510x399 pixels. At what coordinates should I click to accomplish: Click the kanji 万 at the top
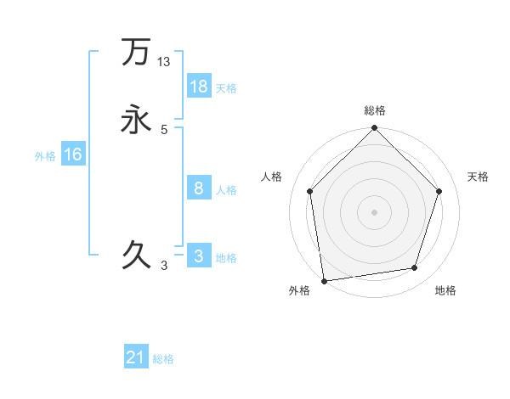[x=135, y=52]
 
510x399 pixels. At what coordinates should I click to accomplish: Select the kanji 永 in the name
[x=136, y=119]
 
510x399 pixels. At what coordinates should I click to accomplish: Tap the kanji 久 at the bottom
[x=136, y=254]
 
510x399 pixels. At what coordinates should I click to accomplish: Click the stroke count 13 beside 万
[x=164, y=62]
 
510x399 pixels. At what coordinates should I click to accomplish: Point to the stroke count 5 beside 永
[x=164, y=130]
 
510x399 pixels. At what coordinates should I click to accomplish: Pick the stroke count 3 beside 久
[x=164, y=266]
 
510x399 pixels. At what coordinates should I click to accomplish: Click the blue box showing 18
[x=199, y=87]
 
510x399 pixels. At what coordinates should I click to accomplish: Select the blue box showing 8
[x=199, y=188]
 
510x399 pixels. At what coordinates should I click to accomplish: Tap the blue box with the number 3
[x=199, y=256]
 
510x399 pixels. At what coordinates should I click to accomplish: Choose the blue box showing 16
[x=73, y=155]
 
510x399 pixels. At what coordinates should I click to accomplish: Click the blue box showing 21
[x=136, y=357]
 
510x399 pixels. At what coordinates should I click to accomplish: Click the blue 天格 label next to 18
[x=225, y=87]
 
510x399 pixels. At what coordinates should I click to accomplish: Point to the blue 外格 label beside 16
[x=45, y=155]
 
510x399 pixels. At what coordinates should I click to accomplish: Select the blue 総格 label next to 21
[x=163, y=359]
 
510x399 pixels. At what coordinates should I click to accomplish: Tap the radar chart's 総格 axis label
[x=374, y=110]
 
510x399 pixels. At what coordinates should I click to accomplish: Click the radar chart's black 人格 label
[x=272, y=177]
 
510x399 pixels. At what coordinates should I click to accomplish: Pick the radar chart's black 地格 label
[x=445, y=291]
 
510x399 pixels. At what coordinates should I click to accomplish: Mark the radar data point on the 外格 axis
[x=324, y=280]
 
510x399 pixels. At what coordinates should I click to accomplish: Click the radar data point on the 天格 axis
[x=439, y=191]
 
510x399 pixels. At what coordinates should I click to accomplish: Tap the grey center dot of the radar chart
[x=374, y=211]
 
